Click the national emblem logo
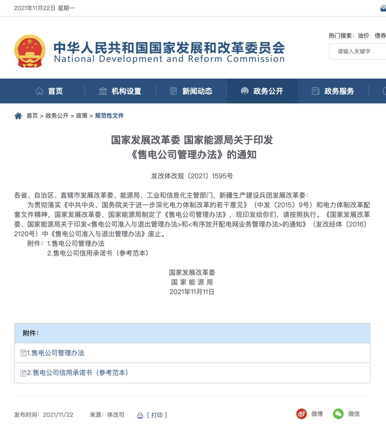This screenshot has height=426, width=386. (30, 51)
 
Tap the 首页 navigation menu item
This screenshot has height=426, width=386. (50, 91)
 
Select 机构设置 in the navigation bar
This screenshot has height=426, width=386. (120, 91)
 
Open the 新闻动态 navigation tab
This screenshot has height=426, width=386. (191, 91)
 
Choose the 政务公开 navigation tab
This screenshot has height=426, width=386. (262, 91)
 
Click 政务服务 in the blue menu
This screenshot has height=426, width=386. (333, 91)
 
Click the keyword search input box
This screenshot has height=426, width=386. (357, 51)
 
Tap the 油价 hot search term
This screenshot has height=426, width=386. (363, 35)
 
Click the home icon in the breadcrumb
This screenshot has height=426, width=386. (18, 116)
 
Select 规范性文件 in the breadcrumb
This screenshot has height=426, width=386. (109, 116)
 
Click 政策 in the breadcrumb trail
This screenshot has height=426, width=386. (82, 116)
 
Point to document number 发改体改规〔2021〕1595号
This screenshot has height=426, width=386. (192, 176)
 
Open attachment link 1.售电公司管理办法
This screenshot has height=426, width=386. (55, 353)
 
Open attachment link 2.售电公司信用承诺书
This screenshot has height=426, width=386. (77, 372)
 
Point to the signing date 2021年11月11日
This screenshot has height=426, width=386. (192, 292)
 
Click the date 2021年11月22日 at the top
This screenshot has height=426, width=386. (34, 8)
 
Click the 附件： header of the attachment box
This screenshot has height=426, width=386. (31, 333)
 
